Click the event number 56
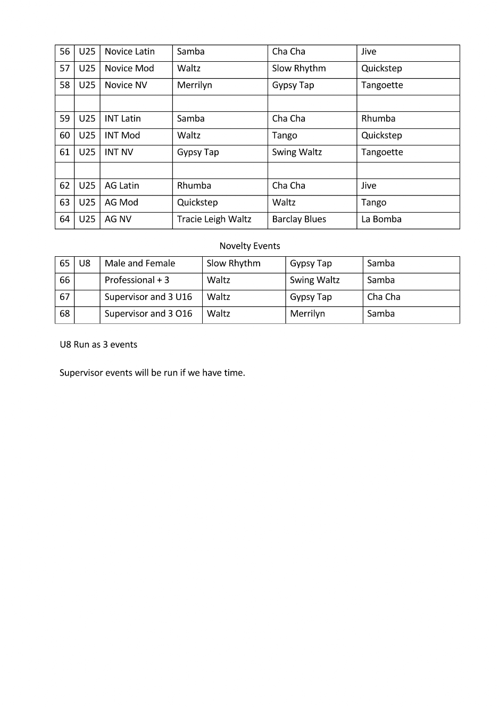tap(65, 52)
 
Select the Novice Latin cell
tap(130, 52)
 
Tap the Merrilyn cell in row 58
tap(195, 85)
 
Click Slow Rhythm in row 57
tap(299, 68)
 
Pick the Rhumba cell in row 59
tap(378, 119)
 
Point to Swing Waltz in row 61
tap(297, 152)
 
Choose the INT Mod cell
tap(122, 135)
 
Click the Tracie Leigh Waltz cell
tap(214, 220)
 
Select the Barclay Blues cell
tap(299, 220)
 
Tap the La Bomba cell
tap(381, 220)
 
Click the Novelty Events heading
tap(249, 246)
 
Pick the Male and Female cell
tap(140, 263)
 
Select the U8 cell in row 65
tap(85, 263)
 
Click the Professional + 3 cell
tap(137, 280)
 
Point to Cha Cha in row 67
tap(384, 297)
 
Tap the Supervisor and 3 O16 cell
tap(148, 314)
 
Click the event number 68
tap(65, 314)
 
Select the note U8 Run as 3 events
tap(98, 345)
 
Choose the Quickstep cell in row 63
tap(197, 202)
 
